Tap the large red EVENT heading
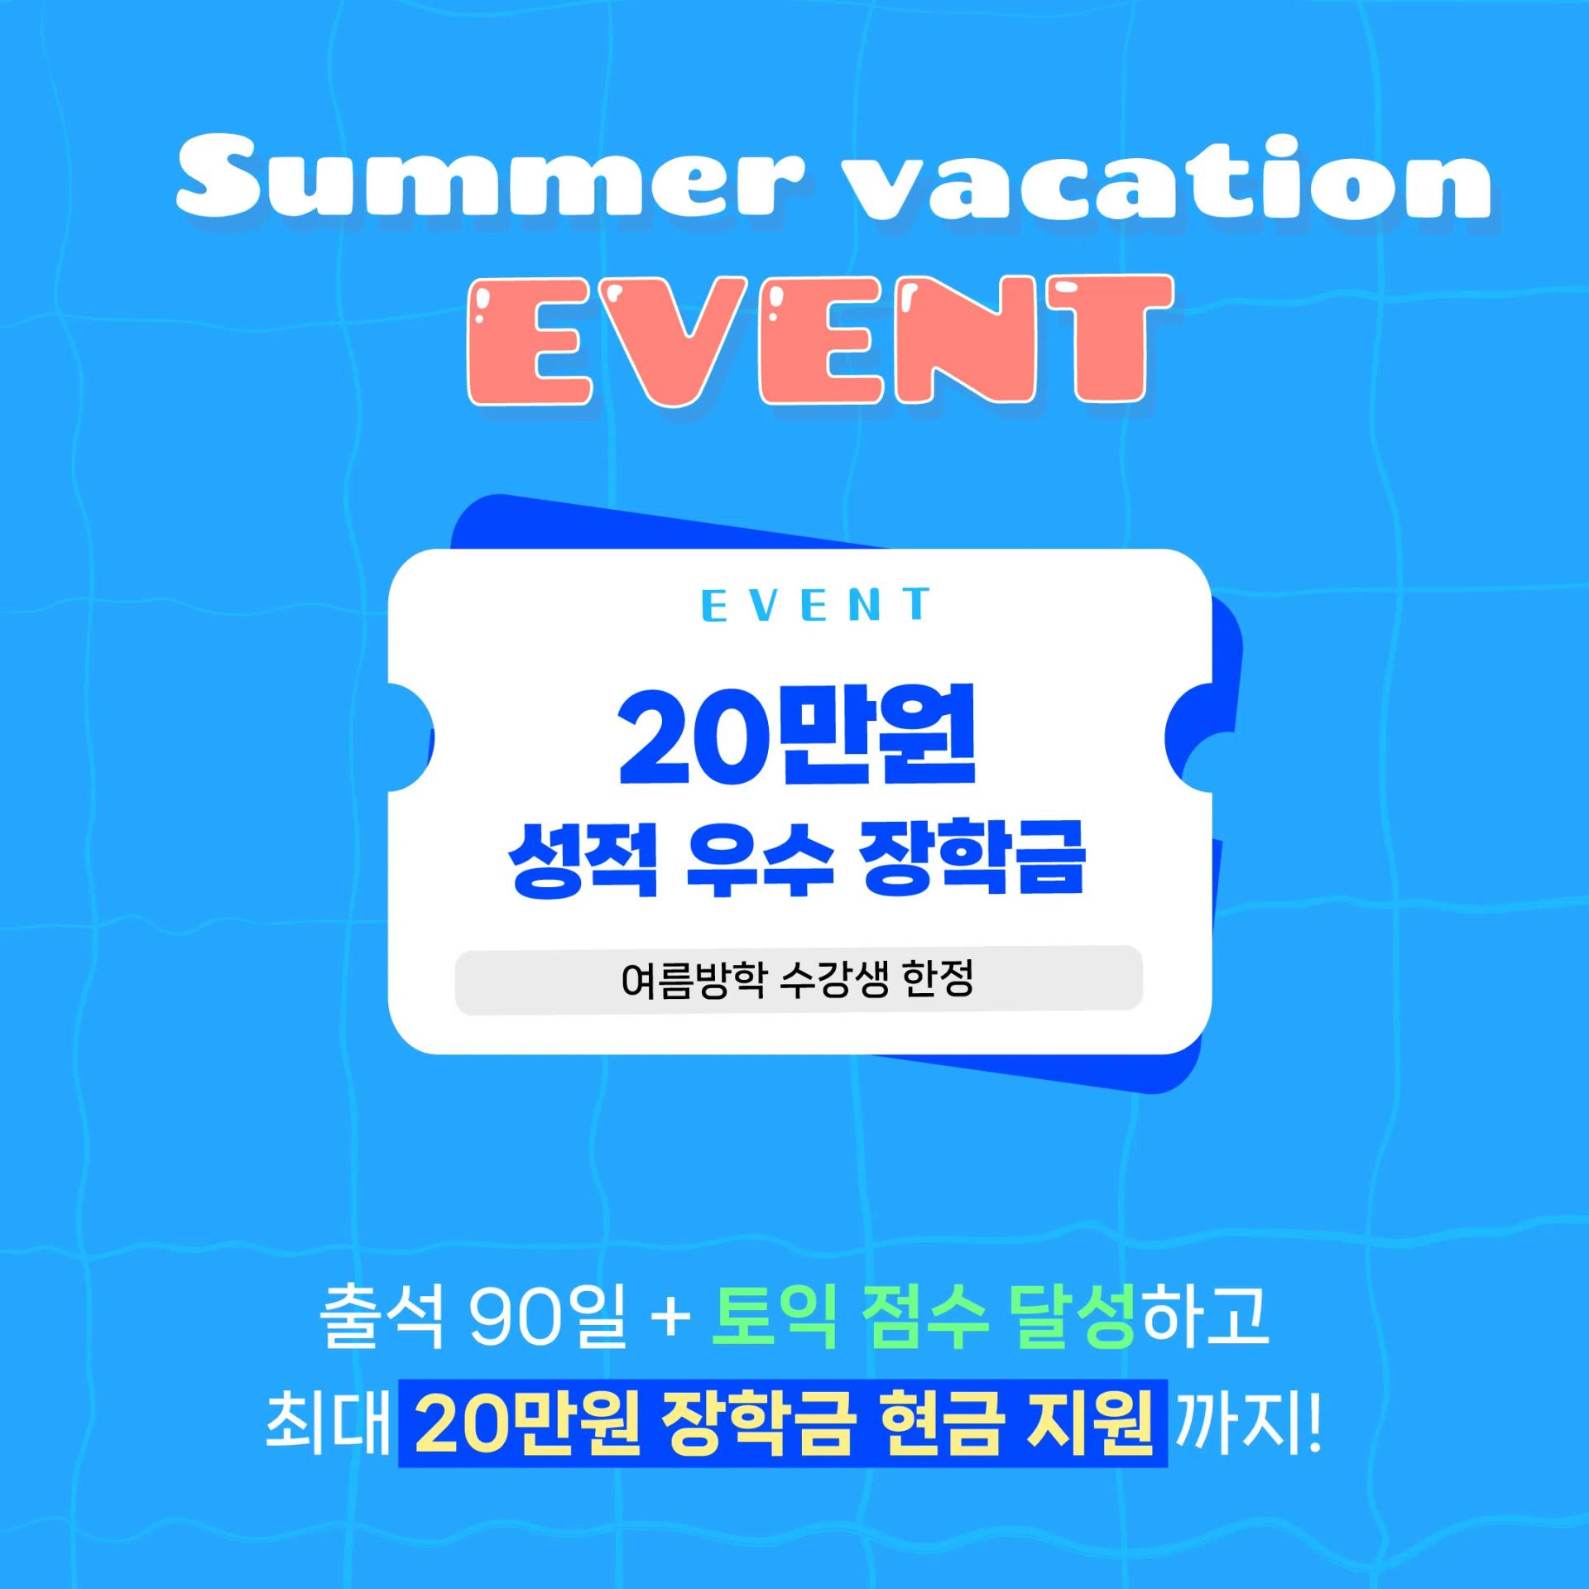(x=819, y=341)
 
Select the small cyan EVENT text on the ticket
(x=815, y=605)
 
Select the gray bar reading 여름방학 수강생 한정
(x=798, y=980)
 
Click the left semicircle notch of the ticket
(x=411, y=737)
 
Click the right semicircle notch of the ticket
(x=1189, y=737)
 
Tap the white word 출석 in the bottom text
(x=382, y=1316)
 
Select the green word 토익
(x=773, y=1316)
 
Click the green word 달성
(x=1071, y=1316)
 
